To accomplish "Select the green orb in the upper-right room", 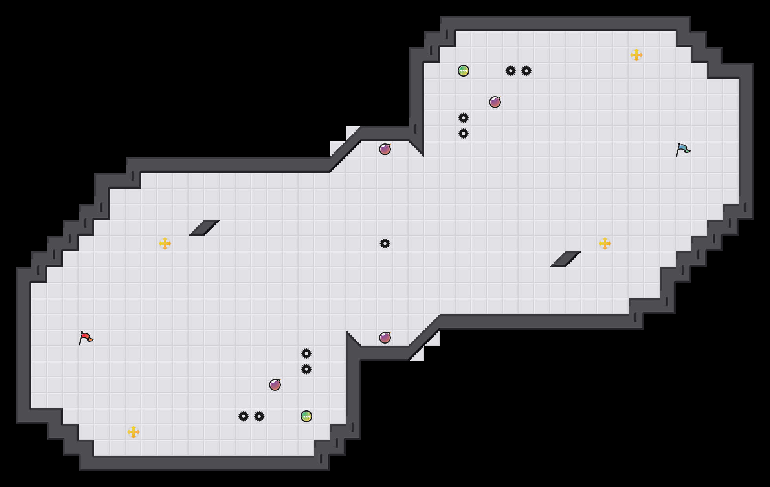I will click(464, 71).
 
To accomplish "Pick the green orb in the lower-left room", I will click(306, 416).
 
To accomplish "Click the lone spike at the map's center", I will click(385, 243).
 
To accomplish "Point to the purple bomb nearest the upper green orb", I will click(495, 102).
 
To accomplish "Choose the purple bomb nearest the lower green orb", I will click(275, 385).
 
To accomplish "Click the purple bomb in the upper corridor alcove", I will click(385, 149).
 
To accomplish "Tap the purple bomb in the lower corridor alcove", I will click(385, 338).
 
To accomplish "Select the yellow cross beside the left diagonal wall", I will click(165, 243).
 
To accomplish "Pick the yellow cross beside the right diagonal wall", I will click(605, 243).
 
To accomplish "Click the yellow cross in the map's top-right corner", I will click(636, 55).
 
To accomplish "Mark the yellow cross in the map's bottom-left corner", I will click(134, 432).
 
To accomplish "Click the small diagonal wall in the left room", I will click(204, 228).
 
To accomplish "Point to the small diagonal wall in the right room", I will click(566, 259).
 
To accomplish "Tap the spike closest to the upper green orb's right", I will click(511, 71).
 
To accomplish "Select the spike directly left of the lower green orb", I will click(259, 416).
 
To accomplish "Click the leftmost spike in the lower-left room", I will click(244, 416).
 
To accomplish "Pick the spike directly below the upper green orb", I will click(464, 118).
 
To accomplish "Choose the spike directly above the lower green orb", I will click(306, 369).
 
